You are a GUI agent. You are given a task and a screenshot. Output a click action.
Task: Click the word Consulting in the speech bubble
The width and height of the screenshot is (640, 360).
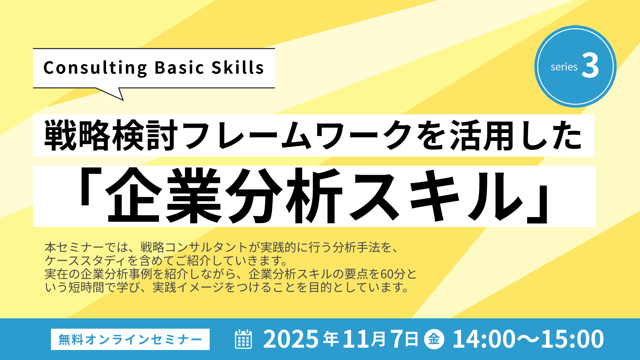(95, 68)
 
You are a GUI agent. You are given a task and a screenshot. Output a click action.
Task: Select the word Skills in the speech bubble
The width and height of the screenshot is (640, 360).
(238, 67)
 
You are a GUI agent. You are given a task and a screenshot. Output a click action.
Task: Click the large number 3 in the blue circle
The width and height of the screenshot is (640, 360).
(590, 66)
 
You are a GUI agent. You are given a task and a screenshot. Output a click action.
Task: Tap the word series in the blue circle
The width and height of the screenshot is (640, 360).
(564, 67)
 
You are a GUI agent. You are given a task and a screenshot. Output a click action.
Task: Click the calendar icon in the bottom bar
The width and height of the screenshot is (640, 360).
(243, 339)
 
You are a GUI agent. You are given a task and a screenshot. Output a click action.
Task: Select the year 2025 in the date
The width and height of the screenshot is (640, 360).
(291, 339)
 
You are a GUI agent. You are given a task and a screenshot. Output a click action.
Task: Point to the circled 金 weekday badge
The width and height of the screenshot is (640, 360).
(434, 339)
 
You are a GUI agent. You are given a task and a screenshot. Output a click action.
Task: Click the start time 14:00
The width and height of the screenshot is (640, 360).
(484, 339)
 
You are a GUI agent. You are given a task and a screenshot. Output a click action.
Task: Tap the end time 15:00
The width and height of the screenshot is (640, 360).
(572, 339)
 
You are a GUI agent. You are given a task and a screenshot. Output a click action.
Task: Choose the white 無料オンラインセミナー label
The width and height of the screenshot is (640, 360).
(130, 339)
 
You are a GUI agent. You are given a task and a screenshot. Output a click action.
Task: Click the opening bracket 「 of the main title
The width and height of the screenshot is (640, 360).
(90, 187)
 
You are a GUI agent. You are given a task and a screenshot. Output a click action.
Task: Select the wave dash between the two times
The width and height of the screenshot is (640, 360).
(528, 339)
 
